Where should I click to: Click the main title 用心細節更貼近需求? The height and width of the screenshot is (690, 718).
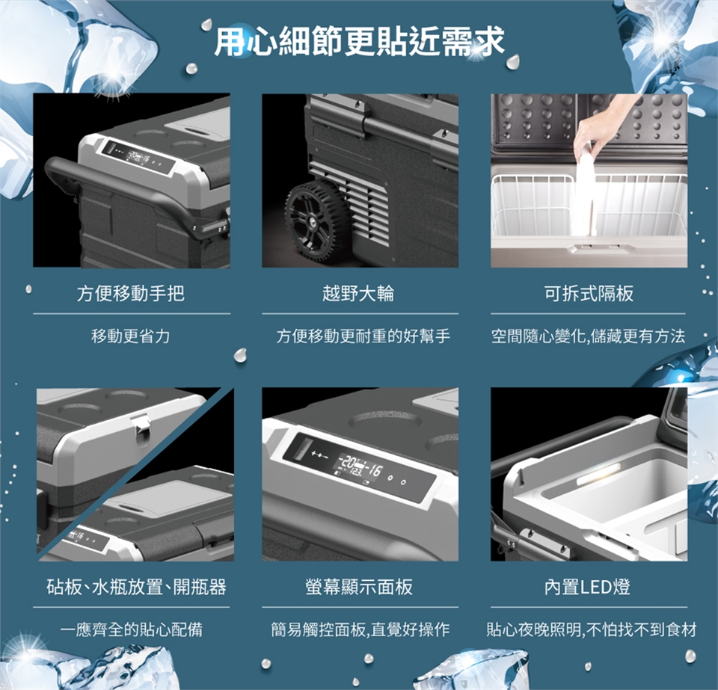point(360,41)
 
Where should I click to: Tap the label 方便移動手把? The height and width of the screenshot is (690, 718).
point(131,293)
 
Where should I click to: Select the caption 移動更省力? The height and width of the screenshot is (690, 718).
point(131,336)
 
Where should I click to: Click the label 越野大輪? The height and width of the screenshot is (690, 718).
point(358,293)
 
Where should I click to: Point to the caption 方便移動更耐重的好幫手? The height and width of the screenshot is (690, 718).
point(363,336)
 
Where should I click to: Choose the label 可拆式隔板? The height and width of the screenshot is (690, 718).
point(589,293)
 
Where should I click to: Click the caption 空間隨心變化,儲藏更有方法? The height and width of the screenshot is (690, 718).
point(589,336)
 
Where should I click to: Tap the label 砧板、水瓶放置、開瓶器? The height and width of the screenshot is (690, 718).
point(136,587)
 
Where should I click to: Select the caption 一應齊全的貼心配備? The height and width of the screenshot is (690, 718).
point(132,629)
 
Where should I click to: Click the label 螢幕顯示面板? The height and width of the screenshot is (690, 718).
point(359,587)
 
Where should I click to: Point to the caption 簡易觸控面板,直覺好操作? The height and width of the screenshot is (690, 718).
point(360,629)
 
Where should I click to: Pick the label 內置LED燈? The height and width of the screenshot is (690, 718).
point(588,587)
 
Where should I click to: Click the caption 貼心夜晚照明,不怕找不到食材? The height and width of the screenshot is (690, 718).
point(592,629)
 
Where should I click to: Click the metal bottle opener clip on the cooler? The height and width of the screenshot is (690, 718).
point(140,430)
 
